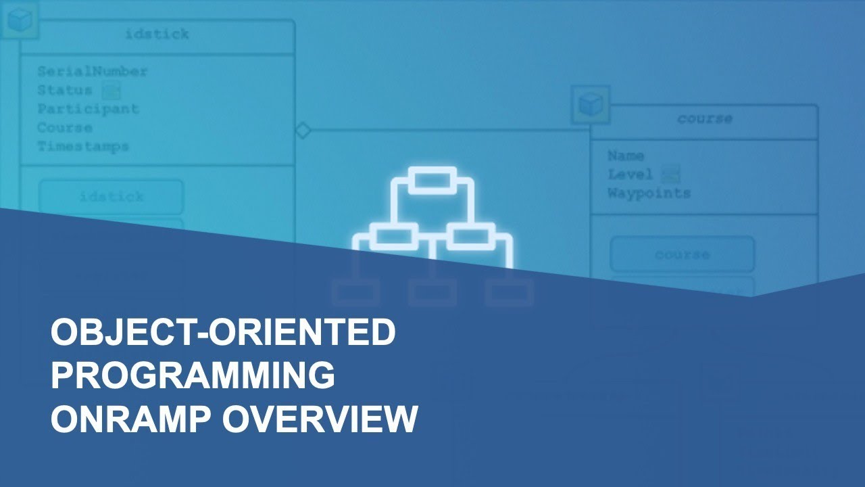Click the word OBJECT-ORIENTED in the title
click(x=223, y=333)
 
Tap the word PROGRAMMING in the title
click(x=193, y=375)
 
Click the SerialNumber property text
click(x=92, y=71)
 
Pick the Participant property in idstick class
click(x=88, y=109)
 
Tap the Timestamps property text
click(x=83, y=146)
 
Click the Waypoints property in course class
click(x=649, y=193)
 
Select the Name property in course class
click(x=625, y=156)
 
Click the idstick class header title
click(x=157, y=34)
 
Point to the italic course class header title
click(x=704, y=119)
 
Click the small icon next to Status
click(x=111, y=90)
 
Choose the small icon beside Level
click(x=670, y=175)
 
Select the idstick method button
click(x=112, y=197)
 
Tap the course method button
click(x=683, y=255)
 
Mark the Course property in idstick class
click(x=65, y=128)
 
